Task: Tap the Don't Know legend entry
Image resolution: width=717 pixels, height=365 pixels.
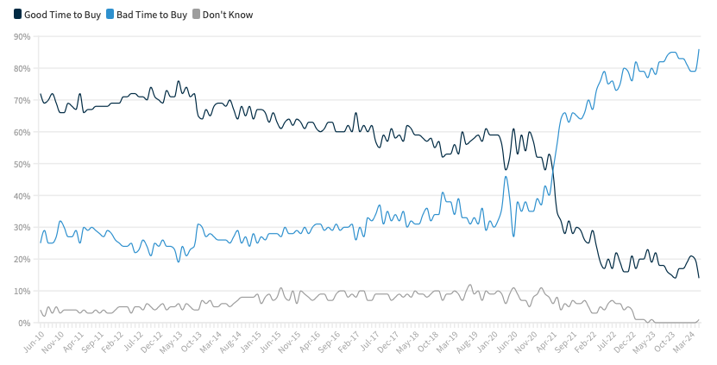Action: pyautogui.click(x=227, y=15)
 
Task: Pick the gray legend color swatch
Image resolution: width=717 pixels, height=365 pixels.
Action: pyautogui.click(x=195, y=15)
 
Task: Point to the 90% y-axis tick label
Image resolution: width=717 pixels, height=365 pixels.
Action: pyautogui.click(x=22, y=36)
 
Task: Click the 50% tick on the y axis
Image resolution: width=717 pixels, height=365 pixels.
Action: pyautogui.click(x=22, y=164)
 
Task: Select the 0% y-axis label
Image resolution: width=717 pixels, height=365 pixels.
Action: pyautogui.click(x=24, y=323)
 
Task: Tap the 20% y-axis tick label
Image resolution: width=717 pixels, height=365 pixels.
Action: pyautogui.click(x=22, y=260)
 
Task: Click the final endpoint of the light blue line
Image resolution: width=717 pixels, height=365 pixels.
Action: pyautogui.click(x=699, y=50)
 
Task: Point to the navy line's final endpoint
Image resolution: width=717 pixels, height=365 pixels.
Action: pyautogui.click(x=699, y=277)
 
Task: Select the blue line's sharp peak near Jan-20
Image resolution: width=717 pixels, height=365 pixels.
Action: pyautogui.click(x=506, y=177)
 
